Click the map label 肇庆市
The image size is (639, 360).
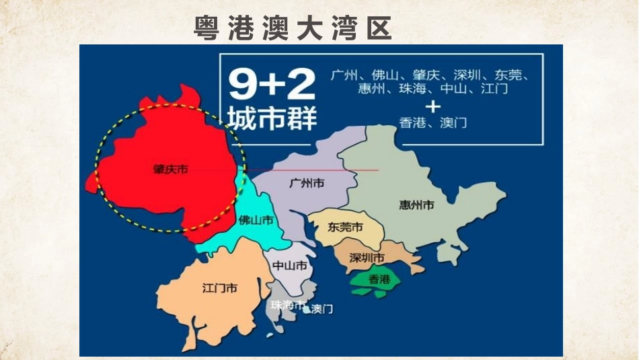[170, 170]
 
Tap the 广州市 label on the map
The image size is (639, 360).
[306, 183]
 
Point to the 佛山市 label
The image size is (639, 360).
[256, 220]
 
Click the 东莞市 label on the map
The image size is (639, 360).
[345, 227]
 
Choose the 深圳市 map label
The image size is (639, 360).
[367, 258]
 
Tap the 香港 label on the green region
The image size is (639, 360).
[380, 277]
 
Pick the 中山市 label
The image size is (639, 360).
[290, 266]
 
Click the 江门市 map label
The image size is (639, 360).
[219, 288]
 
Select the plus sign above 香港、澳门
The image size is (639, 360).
[433, 106]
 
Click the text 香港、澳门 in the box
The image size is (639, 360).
[433, 123]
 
